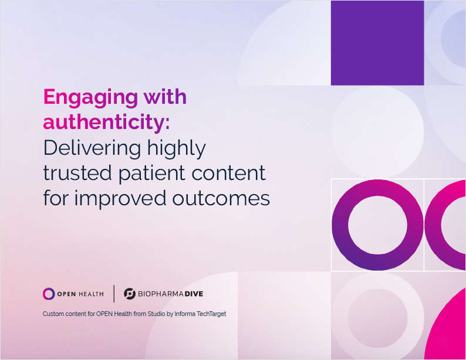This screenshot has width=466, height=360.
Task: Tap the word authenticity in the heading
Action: point(104,123)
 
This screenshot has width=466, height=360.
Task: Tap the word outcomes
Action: point(221,198)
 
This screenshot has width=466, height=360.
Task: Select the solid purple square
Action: point(377,43)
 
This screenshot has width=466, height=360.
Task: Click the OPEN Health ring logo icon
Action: point(49,294)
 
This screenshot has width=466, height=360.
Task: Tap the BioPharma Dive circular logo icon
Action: point(130,294)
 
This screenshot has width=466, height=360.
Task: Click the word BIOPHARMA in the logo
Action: point(160,294)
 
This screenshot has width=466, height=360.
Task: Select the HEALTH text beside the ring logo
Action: point(91,294)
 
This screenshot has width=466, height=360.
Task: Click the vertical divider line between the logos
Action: point(114,294)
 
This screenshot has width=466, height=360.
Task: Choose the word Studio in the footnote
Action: point(156,314)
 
